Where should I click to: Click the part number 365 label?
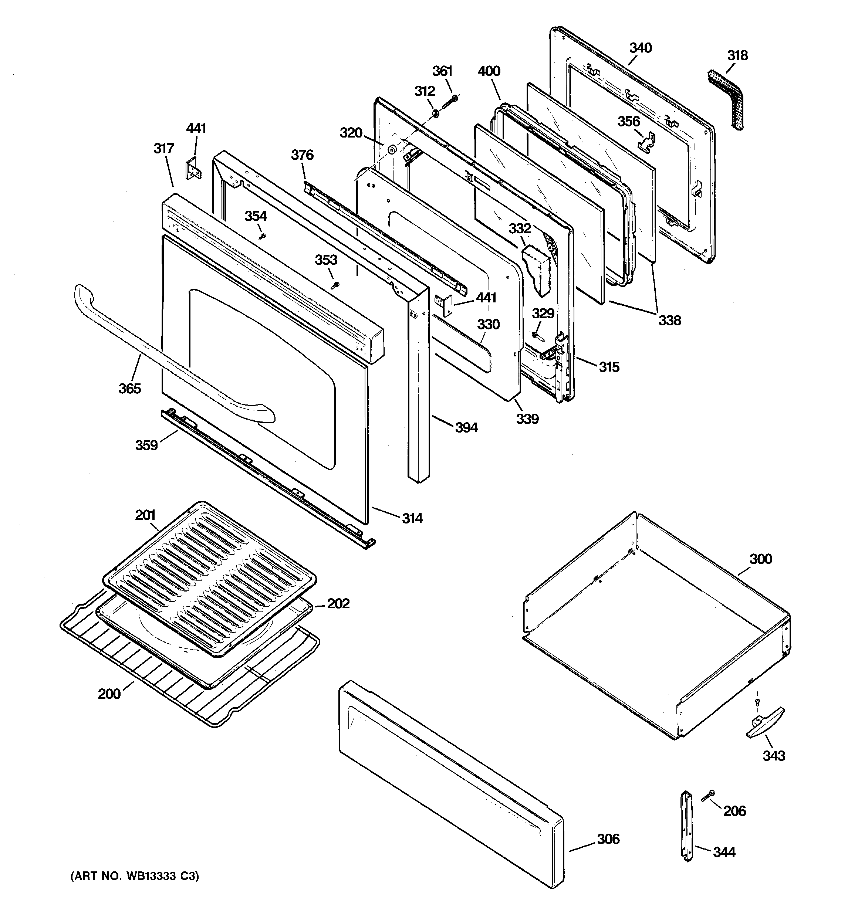130,389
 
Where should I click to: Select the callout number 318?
737,56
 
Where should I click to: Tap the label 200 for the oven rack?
109,694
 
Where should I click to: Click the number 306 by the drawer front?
608,839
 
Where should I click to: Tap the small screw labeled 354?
263,236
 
